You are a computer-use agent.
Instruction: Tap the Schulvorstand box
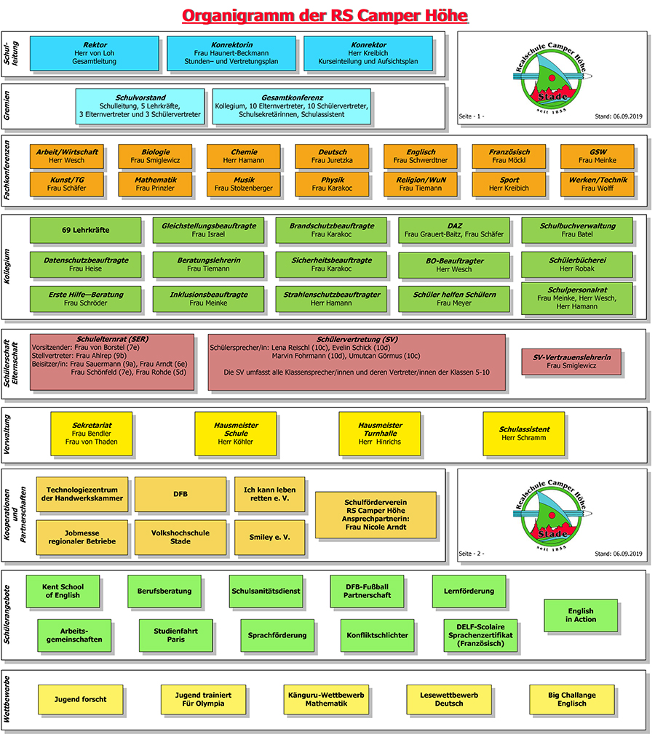tap(140, 106)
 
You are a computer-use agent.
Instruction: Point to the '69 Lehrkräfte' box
tap(86, 230)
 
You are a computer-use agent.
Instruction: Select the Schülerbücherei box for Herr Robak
tap(577, 264)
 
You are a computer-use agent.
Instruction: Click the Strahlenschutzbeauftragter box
tap(331, 298)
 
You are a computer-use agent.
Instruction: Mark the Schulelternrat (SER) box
tap(112, 362)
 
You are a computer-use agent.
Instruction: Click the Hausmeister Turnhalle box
tap(380, 434)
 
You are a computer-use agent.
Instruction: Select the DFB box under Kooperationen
tap(180, 494)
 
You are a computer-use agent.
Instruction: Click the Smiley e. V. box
tap(270, 537)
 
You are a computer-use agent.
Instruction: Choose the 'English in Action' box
tap(580, 615)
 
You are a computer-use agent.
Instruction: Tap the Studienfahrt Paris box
tap(175, 634)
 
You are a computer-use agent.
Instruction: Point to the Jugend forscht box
tap(80, 699)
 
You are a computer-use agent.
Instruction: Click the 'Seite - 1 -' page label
tap(472, 116)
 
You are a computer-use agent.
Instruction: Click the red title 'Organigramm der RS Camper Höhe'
tap(325, 15)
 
